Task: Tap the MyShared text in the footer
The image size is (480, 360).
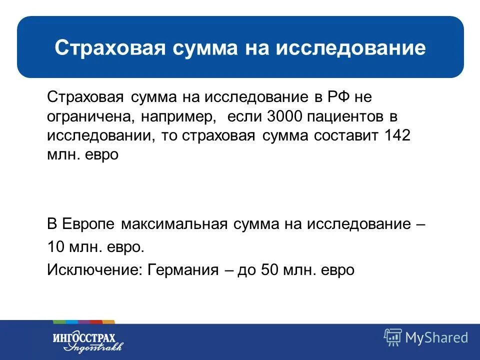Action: (436, 337)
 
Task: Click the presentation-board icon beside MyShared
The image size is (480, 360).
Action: (392, 337)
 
